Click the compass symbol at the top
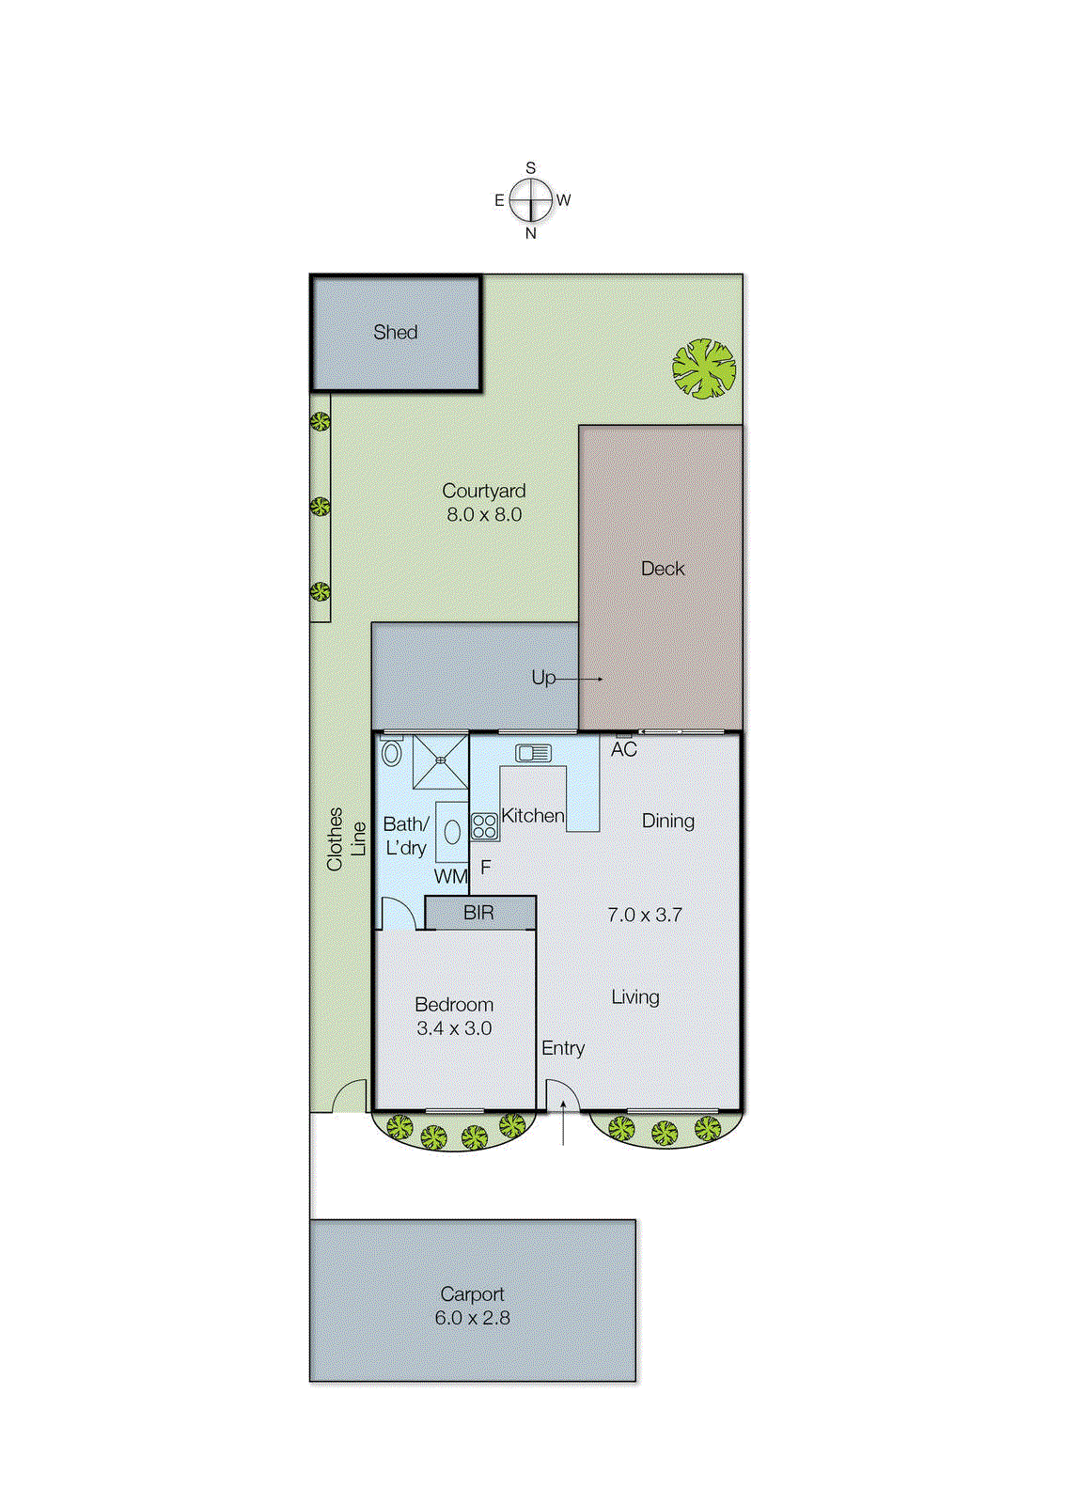click(x=531, y=200)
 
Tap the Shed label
click(x=395, y=333)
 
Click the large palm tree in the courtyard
click(x=704, y=368)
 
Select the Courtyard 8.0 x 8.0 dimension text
click(x=484, y=514)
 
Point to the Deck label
click(x=663, y=569)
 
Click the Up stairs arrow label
click(x=544, y=678)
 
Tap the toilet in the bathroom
click(x=392, y=752)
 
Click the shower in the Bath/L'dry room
click(x=440, y=760)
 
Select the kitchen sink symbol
click(x=533, y=753)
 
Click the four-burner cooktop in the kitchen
click(x=484, y=826)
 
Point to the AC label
click(x=624, y=750)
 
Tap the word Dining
click(x=668, y=821)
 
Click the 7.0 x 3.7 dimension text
click(x=645, y=915)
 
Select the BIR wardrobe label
click(x=478, y=913)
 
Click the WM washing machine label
click(x=450, y=876)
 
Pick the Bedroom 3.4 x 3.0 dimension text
click(x=454, y=1028)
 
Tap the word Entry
click(x=563, y=1048)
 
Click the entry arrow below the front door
click(x=563, y=1124)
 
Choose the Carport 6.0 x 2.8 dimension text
click(x=472, y=1318)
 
